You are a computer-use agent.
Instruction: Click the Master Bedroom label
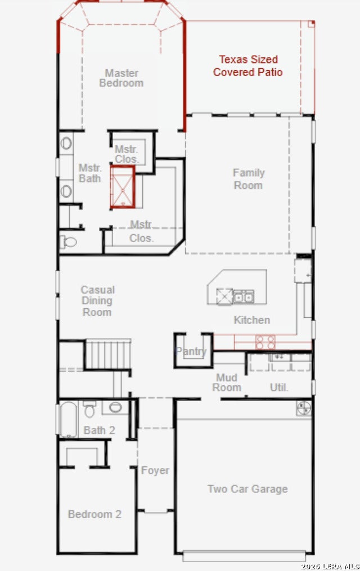121,78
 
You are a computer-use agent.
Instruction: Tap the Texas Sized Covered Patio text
248,66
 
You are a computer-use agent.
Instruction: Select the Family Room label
249,179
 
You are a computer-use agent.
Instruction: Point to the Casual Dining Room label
97,301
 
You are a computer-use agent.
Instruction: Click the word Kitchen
252,320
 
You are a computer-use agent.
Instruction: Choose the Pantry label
191,352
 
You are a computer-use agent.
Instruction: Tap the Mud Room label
227,383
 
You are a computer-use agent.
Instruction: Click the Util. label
279,388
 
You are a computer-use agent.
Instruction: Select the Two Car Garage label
247,489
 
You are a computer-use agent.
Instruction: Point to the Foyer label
155,470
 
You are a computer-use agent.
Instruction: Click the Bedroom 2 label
94,514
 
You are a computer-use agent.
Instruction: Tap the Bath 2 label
100,430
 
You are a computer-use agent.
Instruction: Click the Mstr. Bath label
89,173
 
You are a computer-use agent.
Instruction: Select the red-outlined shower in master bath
123,187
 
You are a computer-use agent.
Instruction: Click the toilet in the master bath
69,241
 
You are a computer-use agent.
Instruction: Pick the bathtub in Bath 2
69,420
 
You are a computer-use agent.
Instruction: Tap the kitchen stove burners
265,342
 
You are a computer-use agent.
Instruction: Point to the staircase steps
108,354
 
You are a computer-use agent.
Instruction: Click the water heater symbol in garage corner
304,408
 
